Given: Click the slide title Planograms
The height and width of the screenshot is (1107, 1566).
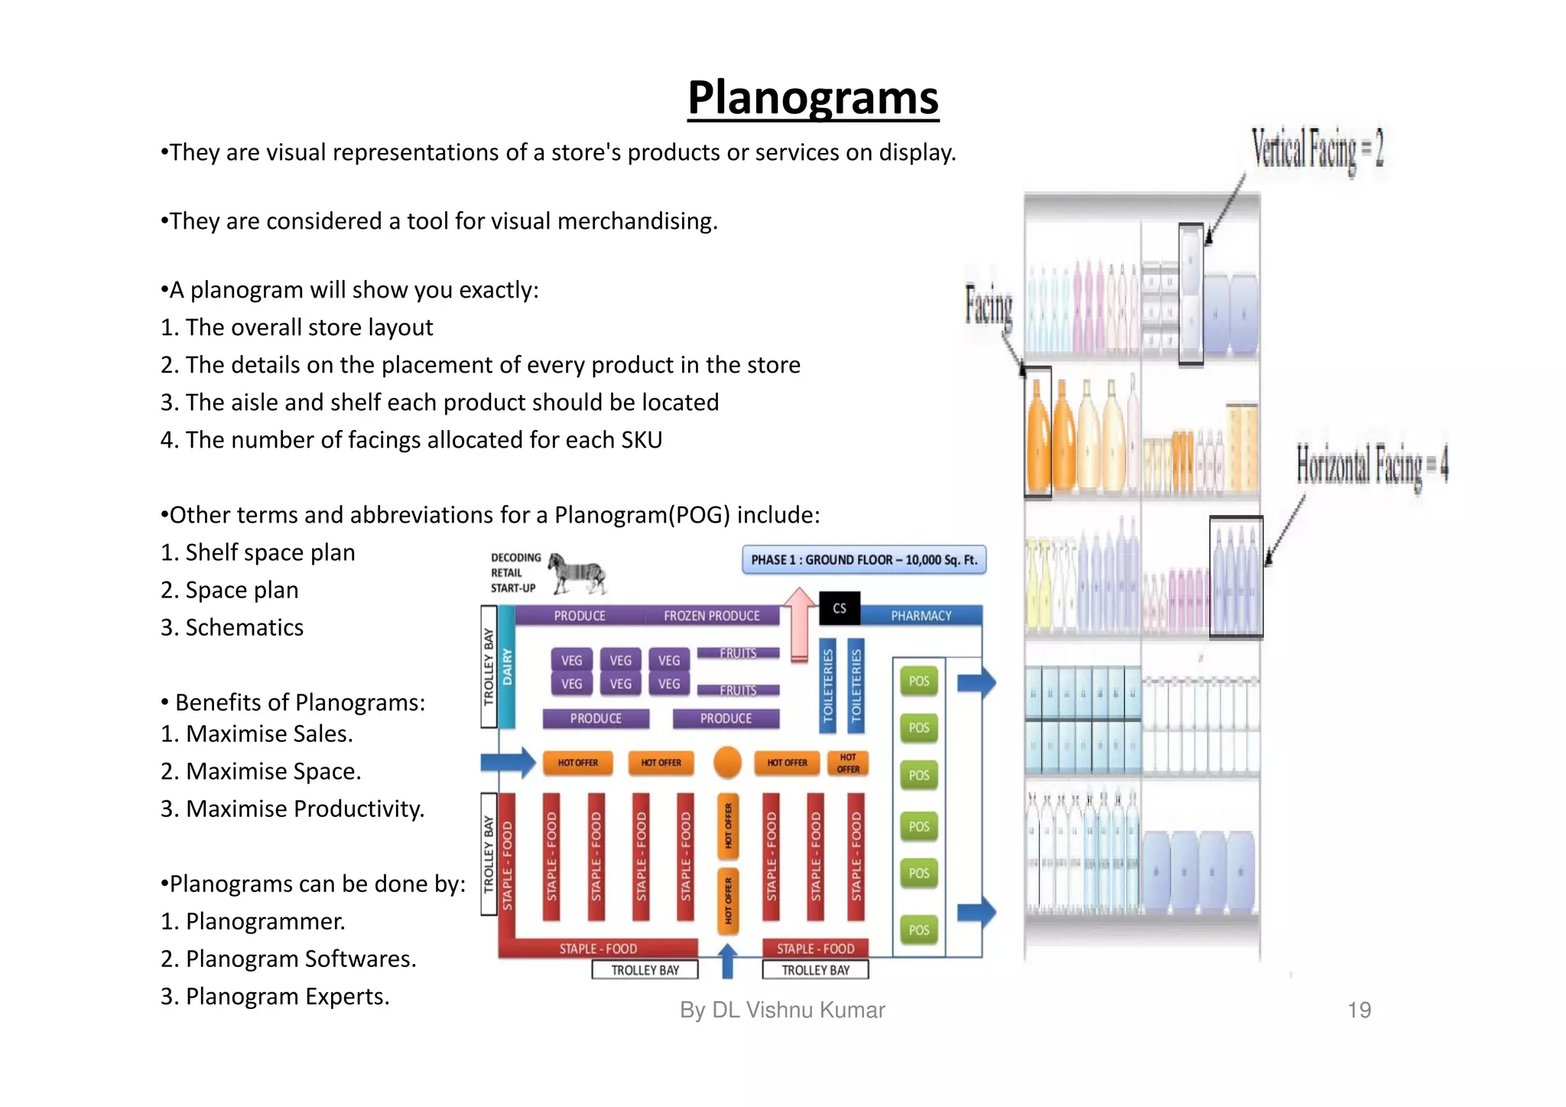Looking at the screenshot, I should tap(813, 98).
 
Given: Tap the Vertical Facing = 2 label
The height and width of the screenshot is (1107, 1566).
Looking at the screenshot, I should tap(1317, 149).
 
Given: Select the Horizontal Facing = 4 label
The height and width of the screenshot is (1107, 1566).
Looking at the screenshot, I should tap(1372, 464).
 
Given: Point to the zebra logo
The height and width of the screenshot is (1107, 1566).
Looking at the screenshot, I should tap(577, 573).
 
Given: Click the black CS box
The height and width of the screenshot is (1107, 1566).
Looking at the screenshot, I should tap(840, 608).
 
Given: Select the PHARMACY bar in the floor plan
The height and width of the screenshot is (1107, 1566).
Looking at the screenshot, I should tap(921, 616).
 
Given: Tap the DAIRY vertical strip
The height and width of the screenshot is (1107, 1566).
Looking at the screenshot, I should tap(507, 666).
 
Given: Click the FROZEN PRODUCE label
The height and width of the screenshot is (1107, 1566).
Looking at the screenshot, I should tap(711, 616).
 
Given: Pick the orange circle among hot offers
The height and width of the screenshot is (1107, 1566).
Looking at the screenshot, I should tap(727, 762).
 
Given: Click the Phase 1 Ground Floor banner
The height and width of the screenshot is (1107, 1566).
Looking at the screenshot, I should tap(864, 560).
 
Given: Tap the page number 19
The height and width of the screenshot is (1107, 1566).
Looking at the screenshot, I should tap(1359, 1010).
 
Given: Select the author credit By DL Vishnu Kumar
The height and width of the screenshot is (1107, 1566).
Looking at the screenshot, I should tap(782, 1010).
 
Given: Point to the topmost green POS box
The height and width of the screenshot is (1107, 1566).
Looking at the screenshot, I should tap(918, 681).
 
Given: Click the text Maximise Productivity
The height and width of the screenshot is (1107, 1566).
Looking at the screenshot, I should tap(304, 809).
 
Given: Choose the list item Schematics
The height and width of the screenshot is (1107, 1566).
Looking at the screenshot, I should tap(244, 627).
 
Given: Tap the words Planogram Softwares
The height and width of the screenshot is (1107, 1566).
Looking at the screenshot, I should tap(301, 959).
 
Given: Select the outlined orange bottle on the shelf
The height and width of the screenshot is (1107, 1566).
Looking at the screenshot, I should tap(1038, 432).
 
